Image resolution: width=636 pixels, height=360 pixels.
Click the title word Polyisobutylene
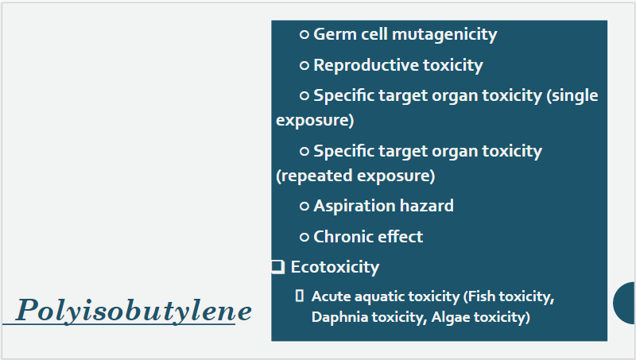(x=134, y=311)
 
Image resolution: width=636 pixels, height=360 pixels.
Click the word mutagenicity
(x=444, y=35)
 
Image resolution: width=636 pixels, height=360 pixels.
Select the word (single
(x=572, y=96)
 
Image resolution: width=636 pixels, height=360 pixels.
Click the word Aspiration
(x=354, y=207)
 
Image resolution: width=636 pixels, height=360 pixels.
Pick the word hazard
(x=427, y=206)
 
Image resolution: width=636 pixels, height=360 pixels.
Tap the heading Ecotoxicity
(x=335, y=267)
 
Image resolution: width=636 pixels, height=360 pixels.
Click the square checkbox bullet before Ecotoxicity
(x=277, y=267)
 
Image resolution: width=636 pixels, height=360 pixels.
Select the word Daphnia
(x=339, y=317)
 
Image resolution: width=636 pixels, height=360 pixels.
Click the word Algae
(x=450, y=317)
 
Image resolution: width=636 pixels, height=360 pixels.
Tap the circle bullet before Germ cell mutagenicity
(x=304, y=34)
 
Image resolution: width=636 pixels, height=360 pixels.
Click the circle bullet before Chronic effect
(x=304, y=237)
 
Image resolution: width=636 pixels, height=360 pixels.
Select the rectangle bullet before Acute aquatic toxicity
(x=300, y=296)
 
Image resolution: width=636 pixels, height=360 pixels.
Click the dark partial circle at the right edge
(x=625, y=303)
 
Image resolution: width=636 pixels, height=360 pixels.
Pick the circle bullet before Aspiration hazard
(x=304, y=207)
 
